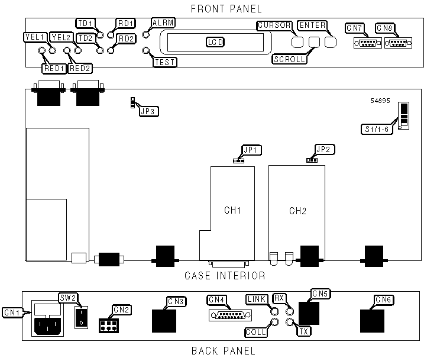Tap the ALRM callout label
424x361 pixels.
(163, 22)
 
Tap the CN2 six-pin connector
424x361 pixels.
(107, 326)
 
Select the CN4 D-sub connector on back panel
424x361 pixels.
(226, 315)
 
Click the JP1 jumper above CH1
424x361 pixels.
(239, 160)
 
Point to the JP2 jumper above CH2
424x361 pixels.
(310, 160)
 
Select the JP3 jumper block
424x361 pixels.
(132, 104)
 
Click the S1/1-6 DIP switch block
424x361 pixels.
(404, 115)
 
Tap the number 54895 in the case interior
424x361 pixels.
(380, 101)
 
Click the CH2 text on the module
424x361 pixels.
(296, 211)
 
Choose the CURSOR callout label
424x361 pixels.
(274, 25)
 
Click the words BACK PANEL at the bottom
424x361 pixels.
(223, 351)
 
